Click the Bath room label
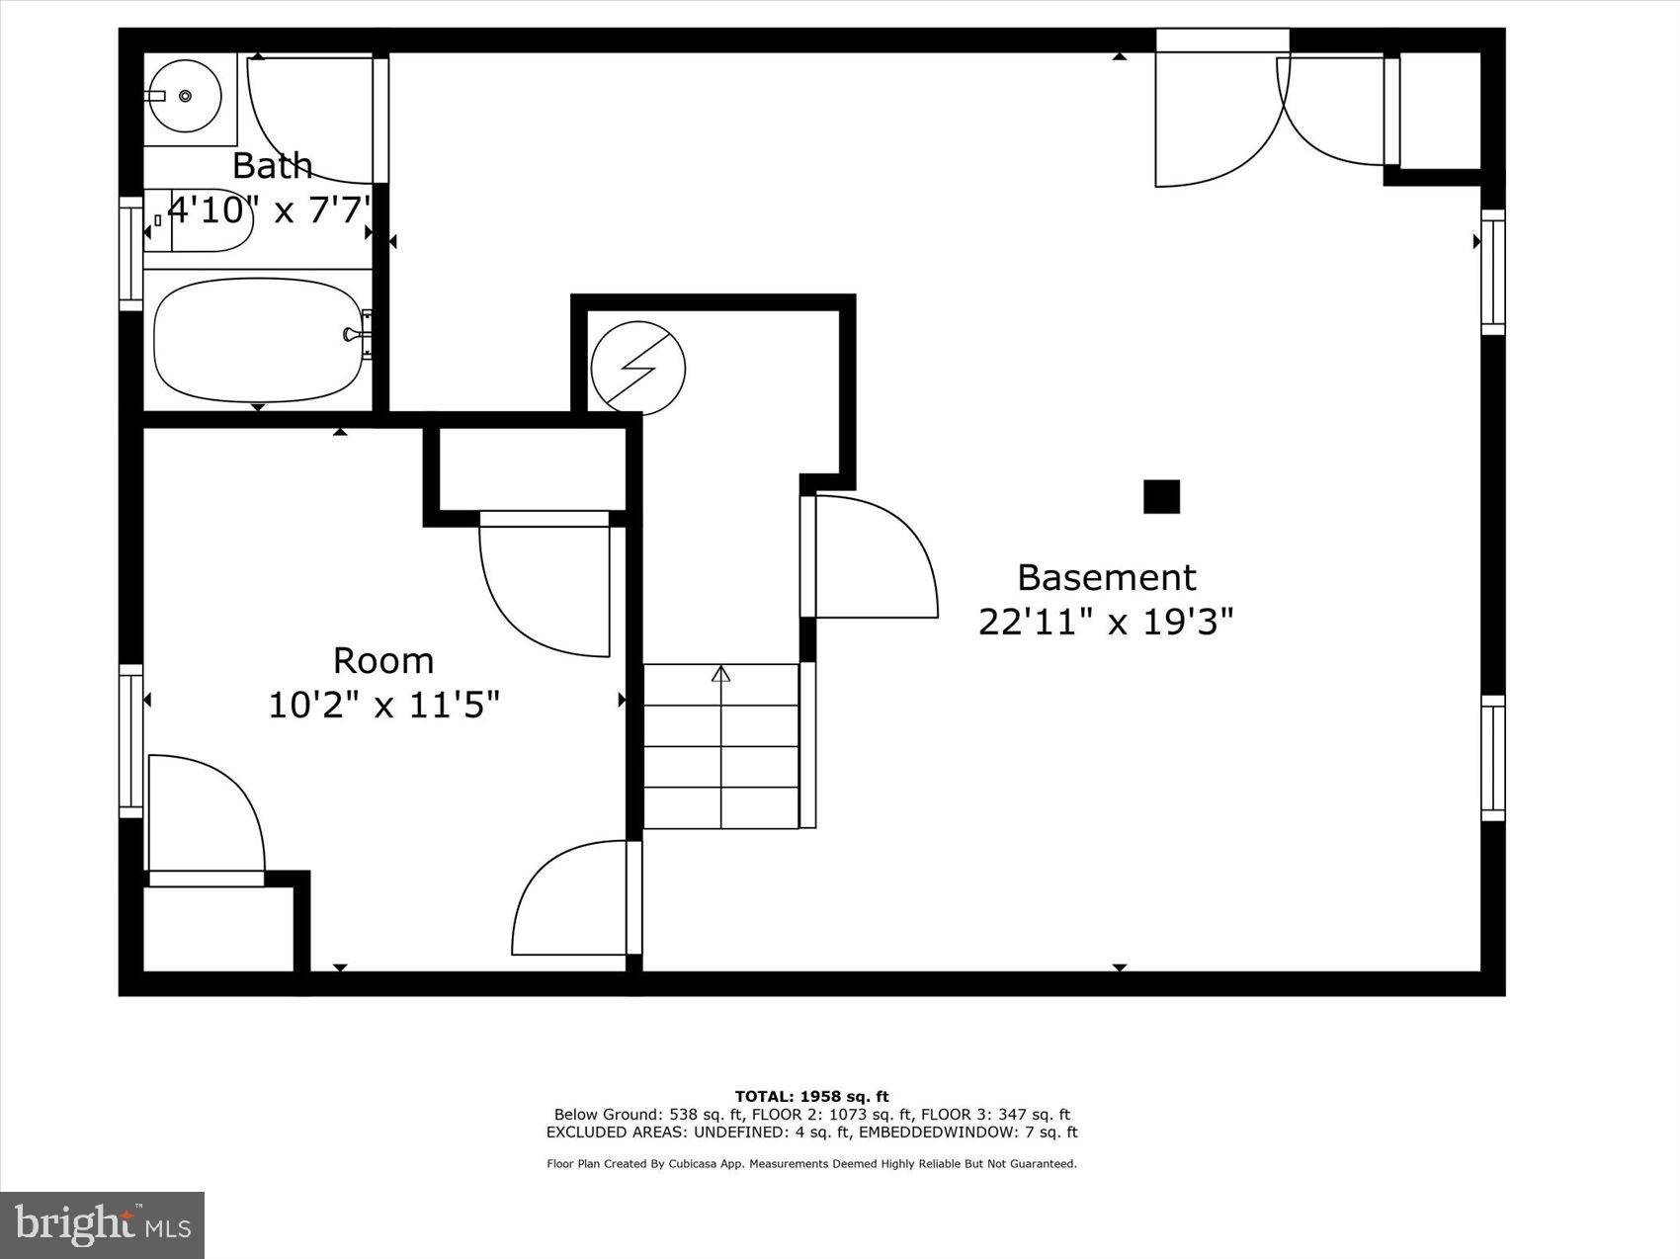[x=272, y=165]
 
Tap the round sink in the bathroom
[x=185, y=96]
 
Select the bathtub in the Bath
[x=259, y=339]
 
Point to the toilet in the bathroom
[x=203, y=219]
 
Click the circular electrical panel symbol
[x=637, y=368]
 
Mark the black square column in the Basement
[x=1161, y=496]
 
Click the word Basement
[x=1106, y=577]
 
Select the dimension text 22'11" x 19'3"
[x=1106, y=623]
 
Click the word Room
[x=382, y=660]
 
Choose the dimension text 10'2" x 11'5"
[x=384, y=706]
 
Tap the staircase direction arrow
[x=721, y=674]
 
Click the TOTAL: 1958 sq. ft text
[x=811, y=1096]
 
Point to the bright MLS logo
[x=103, y=1225]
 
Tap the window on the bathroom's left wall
[x=130, y=254]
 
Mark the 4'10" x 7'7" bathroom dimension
[x=270, y=210]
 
